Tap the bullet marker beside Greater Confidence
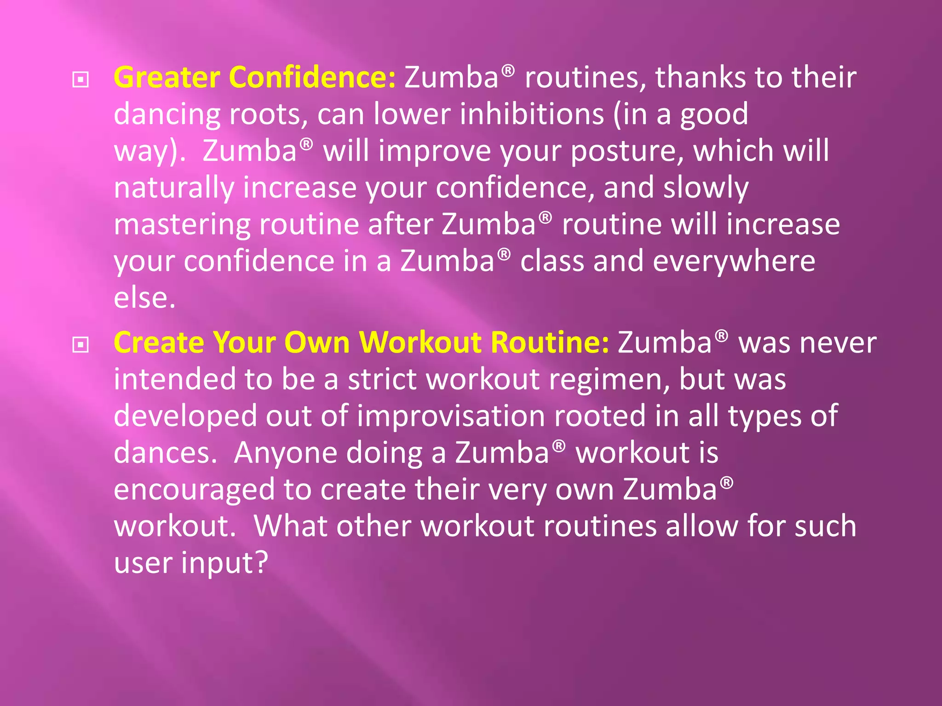click(x=80, y=80)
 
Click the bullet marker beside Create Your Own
click(x=80, y=345)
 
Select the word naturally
click(x=174, y=188)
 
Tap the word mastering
click(x=182, y=225)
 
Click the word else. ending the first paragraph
click(x=144, y=299)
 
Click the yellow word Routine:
click(x=550, y=343)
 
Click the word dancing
click(x=167, y=115)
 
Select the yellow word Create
click(x=159, y=343)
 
